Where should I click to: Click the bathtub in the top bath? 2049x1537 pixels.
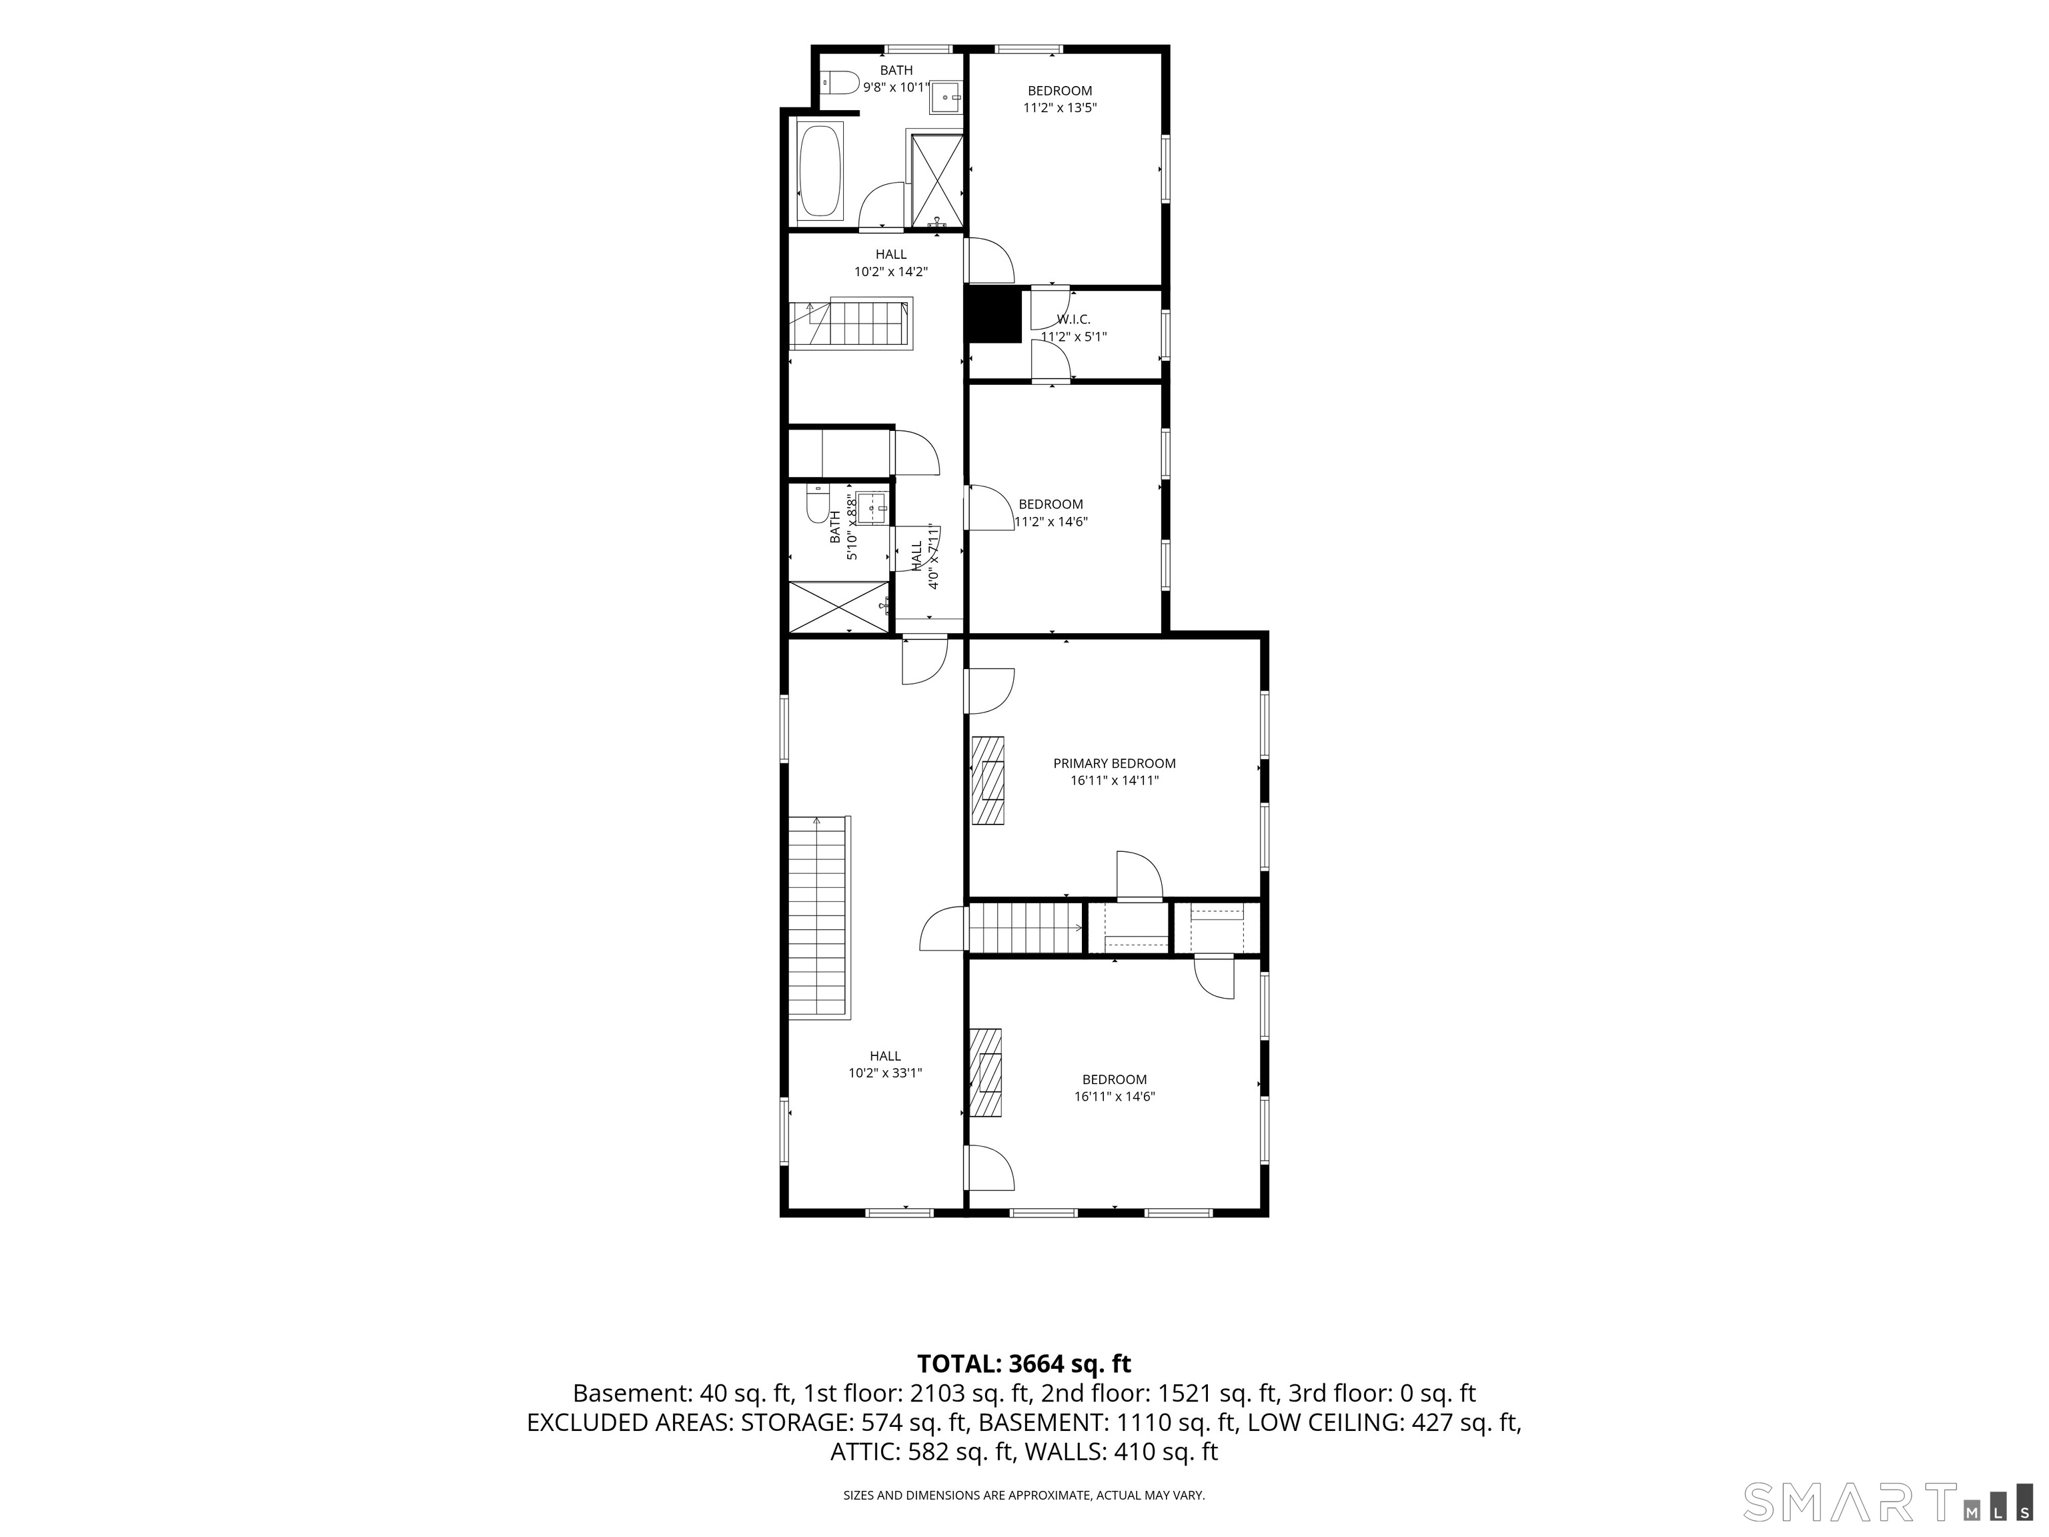coord(820,171)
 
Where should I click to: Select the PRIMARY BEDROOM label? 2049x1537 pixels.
coord(1115,763)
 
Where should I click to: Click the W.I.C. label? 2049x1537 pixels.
coord(1074,320)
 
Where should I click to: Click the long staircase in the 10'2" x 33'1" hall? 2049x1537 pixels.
coord(819,918)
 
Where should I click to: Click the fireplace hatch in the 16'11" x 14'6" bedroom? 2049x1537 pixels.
coord(986,1073)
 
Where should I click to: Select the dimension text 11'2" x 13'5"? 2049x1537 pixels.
coord(1060,107)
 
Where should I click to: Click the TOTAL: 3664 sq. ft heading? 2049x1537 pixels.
coord(1024,1364)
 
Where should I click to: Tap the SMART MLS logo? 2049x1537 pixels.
coord(1894,1502)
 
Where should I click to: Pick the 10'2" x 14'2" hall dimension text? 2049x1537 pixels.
coord(891,272)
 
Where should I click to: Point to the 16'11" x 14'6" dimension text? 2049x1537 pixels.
coord(1115,1097)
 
